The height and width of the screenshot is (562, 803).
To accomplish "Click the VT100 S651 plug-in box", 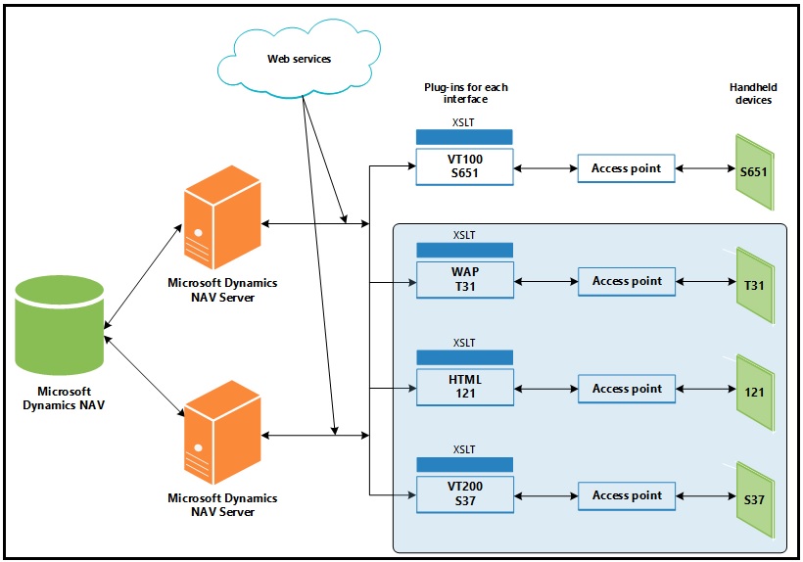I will click(464, 168).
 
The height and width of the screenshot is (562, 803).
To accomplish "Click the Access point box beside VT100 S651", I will click(626, 168).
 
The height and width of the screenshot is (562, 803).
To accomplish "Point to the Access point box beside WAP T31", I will click(626, 281).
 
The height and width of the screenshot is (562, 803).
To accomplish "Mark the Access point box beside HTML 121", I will click(626, 389).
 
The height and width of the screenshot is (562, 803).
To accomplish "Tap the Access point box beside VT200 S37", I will click(626, 495).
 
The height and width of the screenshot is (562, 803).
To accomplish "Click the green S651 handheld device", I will click(754, 173).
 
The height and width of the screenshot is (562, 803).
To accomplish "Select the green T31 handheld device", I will click(754, 286).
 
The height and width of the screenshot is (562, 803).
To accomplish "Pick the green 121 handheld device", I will click(754, 393).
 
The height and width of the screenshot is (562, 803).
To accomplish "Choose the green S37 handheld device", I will click(754, 500).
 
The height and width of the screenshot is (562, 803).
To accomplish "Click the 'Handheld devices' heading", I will click(752, 93).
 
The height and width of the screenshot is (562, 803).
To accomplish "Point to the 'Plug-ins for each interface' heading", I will click(464, 93).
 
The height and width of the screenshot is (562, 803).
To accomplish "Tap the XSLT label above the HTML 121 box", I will click(464, 343).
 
